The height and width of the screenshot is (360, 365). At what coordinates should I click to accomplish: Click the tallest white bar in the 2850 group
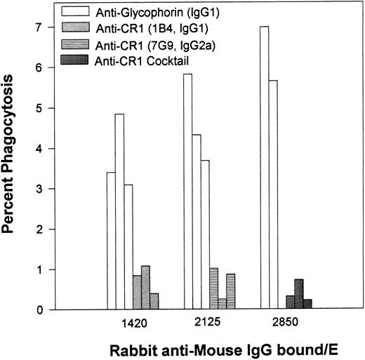tap(264, 168)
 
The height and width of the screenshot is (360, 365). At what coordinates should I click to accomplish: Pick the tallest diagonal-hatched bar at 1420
tap(146, 288)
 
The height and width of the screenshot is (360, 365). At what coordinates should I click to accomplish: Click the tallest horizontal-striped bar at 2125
tap(213, 288)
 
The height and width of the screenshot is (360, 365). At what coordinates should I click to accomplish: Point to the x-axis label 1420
tap(133, 326)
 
